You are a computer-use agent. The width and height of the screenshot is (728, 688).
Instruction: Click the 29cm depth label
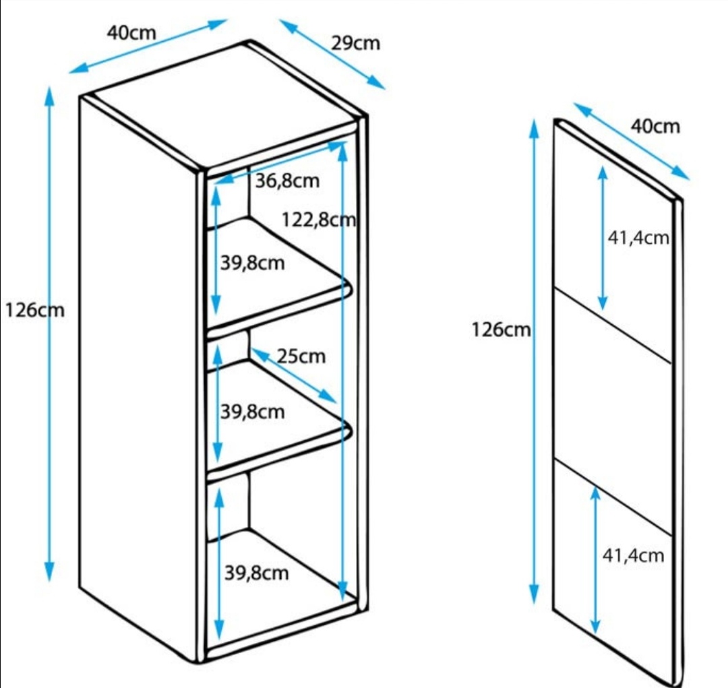(355, 43)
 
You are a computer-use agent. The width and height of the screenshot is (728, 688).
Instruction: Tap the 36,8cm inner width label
(286, 180)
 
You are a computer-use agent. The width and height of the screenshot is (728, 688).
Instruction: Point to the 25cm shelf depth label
(301, 355)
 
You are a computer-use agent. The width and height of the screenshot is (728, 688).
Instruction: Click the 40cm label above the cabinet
(131, 32)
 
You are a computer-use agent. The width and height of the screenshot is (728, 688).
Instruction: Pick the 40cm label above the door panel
(655, 126)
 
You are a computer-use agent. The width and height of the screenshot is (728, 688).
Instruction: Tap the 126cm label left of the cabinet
(34, 311)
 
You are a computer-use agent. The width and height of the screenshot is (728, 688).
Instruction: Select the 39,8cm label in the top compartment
(253, 263)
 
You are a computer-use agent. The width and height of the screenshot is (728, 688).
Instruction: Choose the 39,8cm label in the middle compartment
(253, 410)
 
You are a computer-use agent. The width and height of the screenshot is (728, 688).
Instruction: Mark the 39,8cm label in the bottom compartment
(256, 573)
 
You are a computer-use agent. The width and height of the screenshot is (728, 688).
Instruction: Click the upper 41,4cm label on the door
(638, 238)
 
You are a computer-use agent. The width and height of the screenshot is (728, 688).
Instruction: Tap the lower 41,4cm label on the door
(632, 555)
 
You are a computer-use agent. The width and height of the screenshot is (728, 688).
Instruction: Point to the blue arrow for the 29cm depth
(332, 54)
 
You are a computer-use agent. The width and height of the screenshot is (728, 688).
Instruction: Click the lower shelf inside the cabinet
(283, 431)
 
